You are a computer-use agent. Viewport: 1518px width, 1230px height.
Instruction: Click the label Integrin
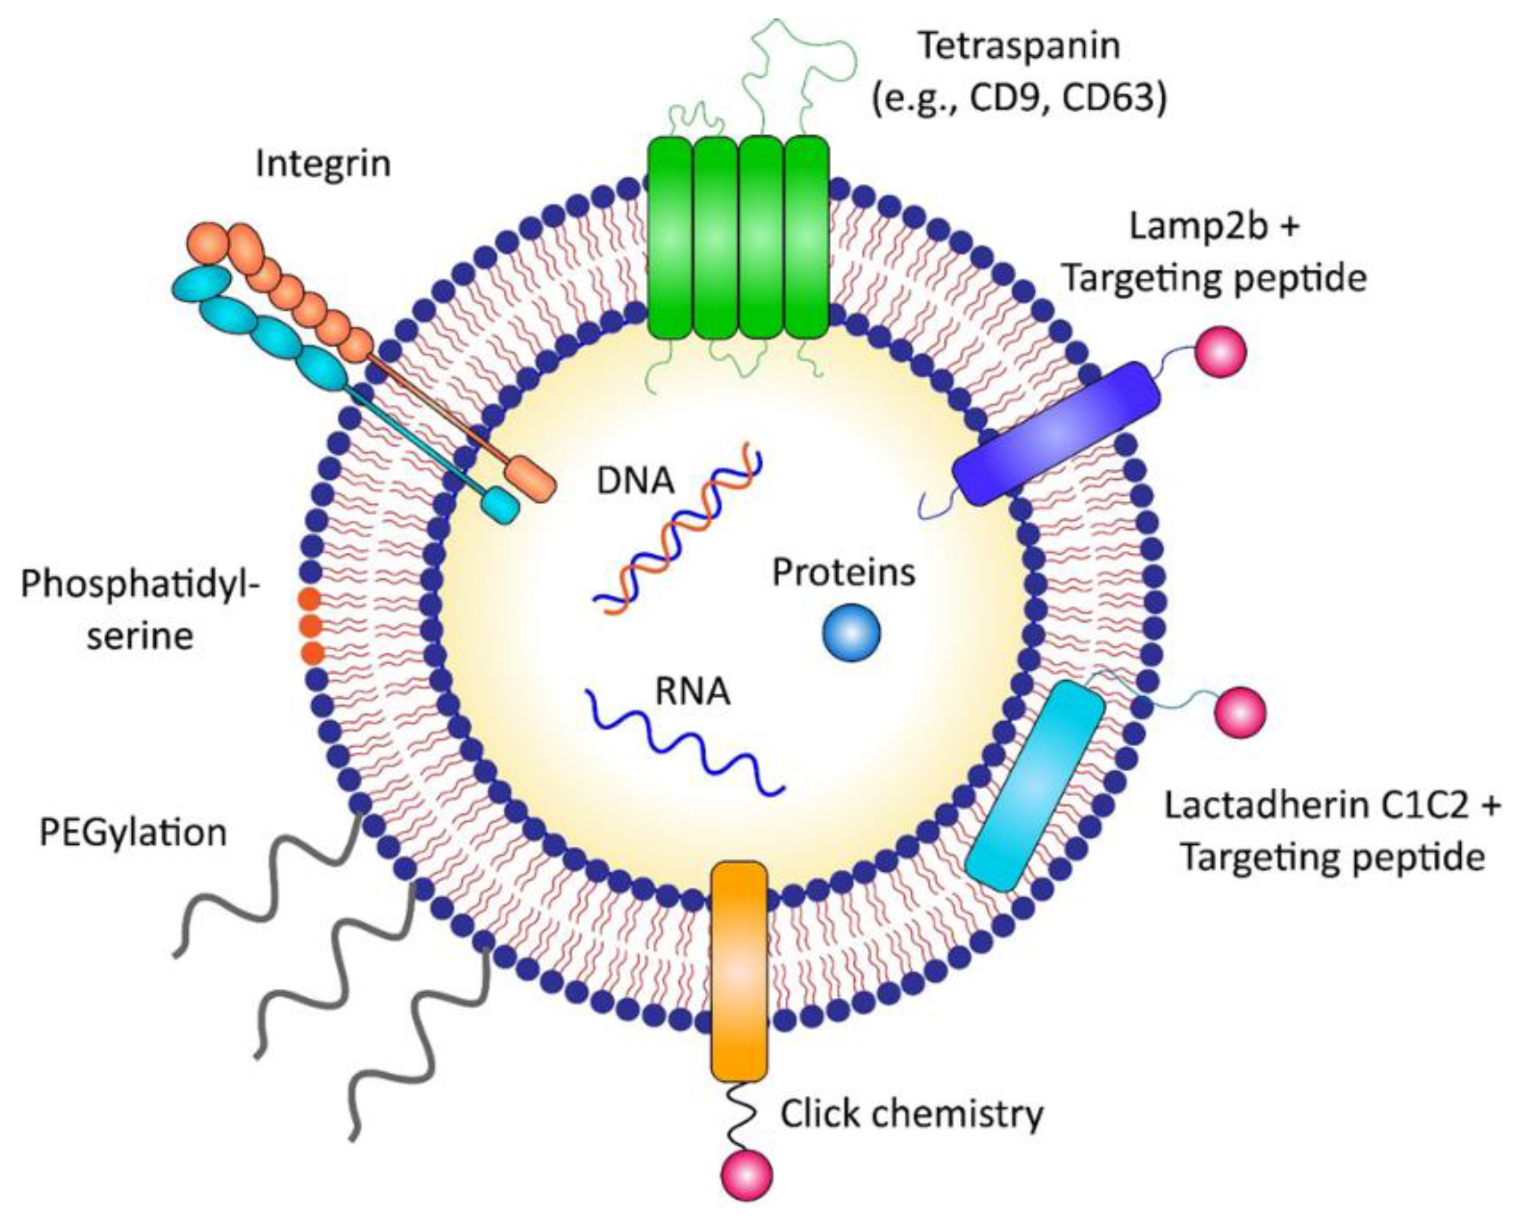pyautogui.click(x=323, y=164)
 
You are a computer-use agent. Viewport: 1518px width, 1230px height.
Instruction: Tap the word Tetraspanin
pyautogui.click(x=1019, y=47)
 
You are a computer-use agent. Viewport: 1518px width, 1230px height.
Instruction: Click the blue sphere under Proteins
pyautogui.click(x=851, y=632)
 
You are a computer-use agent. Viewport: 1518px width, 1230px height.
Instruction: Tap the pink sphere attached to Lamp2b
pyautogui.click(x=1220, y=352)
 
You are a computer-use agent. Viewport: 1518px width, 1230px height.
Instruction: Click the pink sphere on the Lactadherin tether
pyautogui.click(x=1240, y=712)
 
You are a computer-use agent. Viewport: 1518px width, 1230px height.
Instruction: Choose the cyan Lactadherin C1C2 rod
pyautogui.click(x=1035, y=784)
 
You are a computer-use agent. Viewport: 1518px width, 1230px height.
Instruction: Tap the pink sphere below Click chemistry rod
pyautogui.click(x=747, y=1175)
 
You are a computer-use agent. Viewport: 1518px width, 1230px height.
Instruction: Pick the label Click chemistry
pyautogui.click(x=912, y=1114)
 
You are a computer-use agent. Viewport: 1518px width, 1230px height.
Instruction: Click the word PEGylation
pyautogui.click(x=133, y=833)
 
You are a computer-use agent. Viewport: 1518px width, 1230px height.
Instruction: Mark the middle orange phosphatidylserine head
pyautogui.click(x=310, y=627)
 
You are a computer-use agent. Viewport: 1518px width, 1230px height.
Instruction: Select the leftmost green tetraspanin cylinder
pyautogui.click(x=669, y=237)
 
